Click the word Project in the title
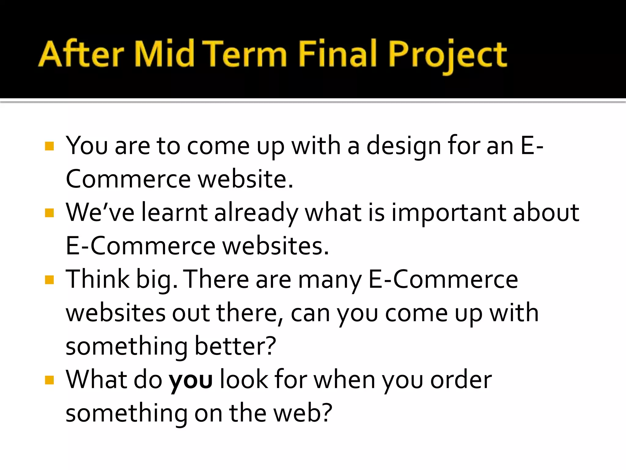pos(448,55)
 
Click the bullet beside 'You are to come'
pos(49,146)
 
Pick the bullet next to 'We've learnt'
pos(49,213)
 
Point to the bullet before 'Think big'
pos(49,280)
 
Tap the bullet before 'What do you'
pos(49,380)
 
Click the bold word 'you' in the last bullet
pos(191,381)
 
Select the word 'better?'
pos(235,346)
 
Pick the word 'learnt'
pos(175,213)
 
